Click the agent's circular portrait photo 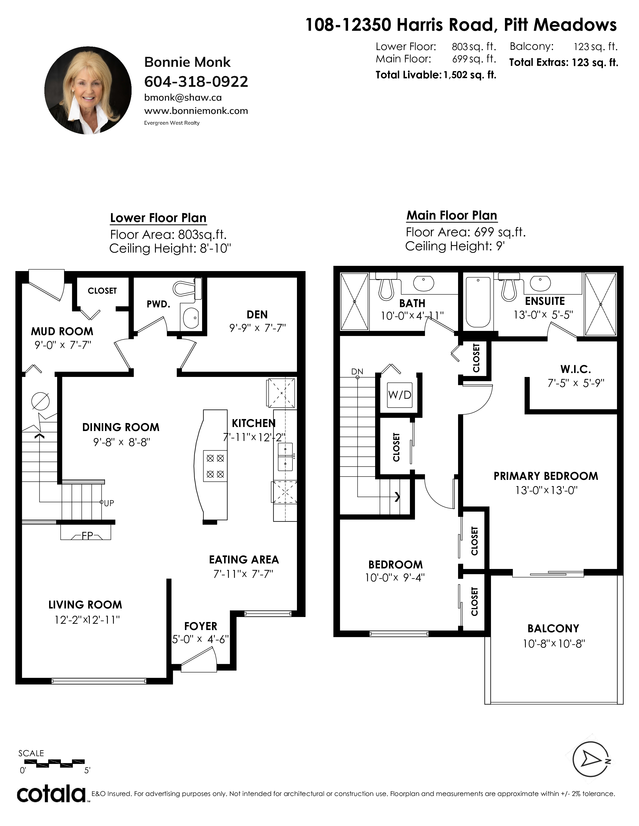pos(88,90)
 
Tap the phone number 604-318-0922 pos(196,81)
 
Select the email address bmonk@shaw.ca pos(183,98)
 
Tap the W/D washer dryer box pos(400,395)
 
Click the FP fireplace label pos(87,536)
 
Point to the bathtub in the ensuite pos(478,302)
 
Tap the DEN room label pos(257,315)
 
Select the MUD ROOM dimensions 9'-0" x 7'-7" pos(63,345)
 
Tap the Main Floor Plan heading pos(452,216)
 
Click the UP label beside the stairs pos(109,503)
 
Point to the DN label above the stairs pos(357,371)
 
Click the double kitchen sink pos(285,456)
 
